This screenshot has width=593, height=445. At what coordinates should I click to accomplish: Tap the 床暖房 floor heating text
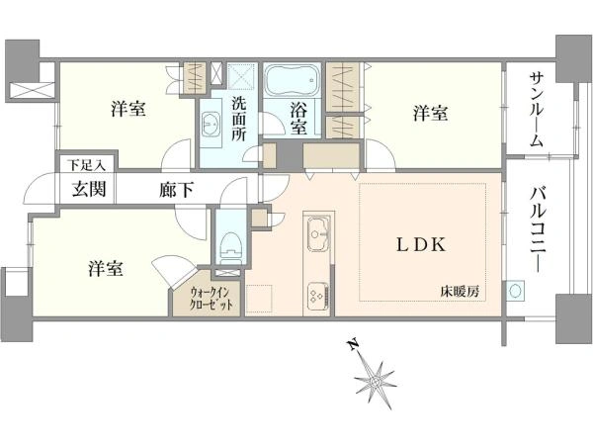(x=461, y=291)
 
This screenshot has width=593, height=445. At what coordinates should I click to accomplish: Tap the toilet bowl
(x=228, y=243)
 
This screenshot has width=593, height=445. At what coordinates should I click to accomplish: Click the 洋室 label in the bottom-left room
(x=105, y=268)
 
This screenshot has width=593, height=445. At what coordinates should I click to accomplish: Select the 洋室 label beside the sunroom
(x=430, y=113)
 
